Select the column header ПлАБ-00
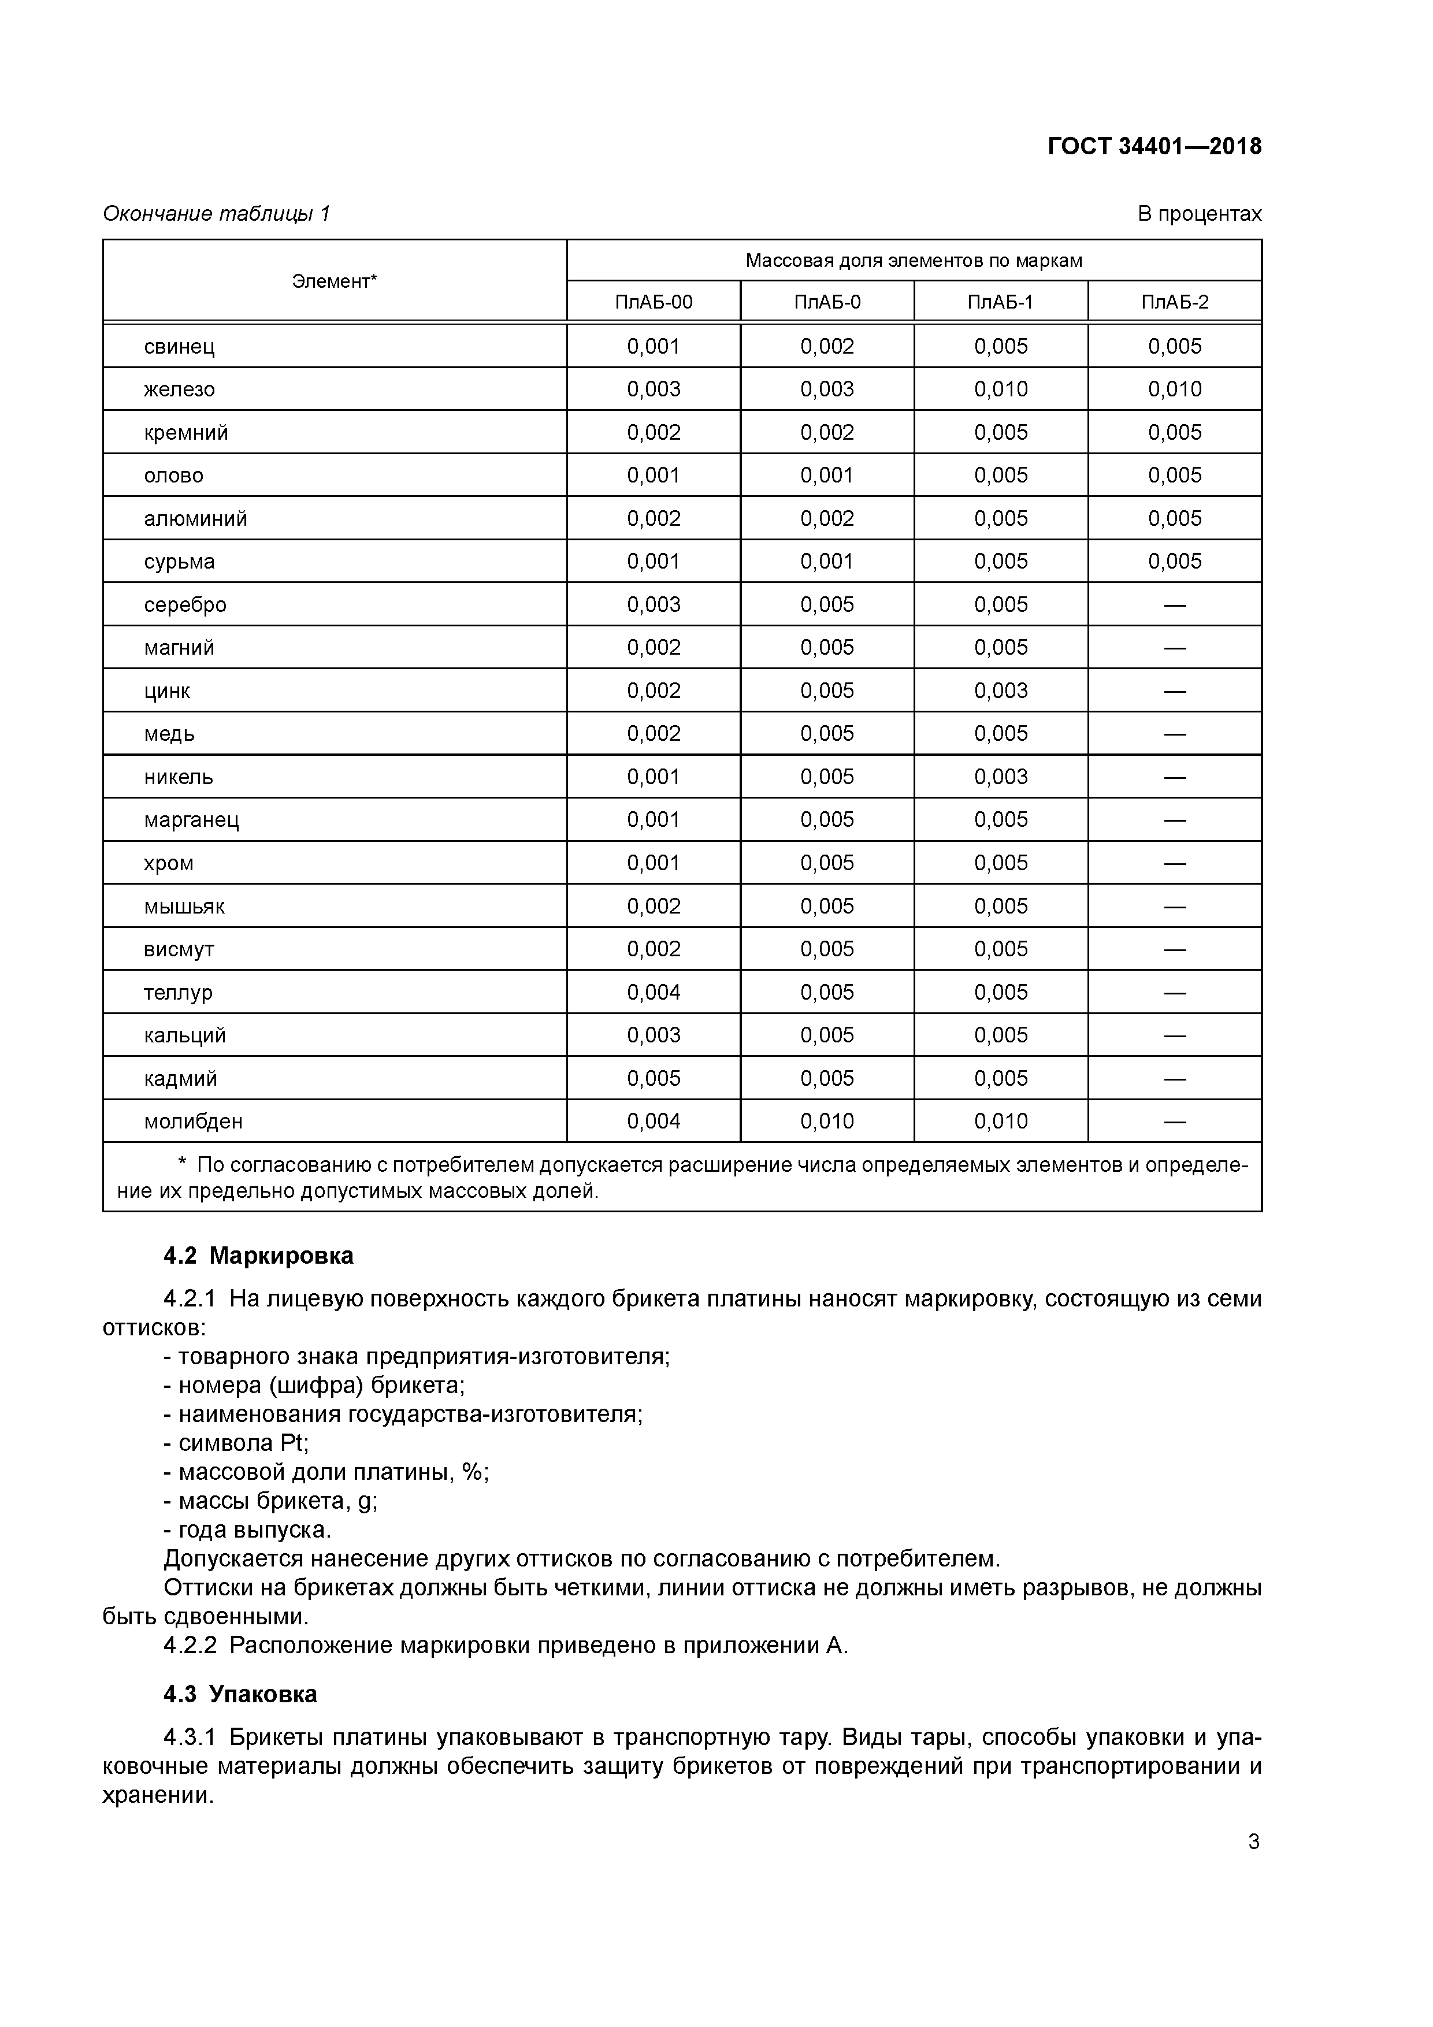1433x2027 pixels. coord(654,302)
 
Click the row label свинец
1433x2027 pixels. coord(179,346)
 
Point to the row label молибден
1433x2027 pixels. coord(194,1121)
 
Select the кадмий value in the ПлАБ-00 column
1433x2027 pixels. coord(654,1078)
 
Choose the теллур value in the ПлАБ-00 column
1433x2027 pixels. coord(654,992)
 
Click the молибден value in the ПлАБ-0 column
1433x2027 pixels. coord(827,1121)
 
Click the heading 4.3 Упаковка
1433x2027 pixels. coord(240,1694)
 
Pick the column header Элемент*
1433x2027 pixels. coord(334,281)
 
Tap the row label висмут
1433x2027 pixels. coord(179,949)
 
